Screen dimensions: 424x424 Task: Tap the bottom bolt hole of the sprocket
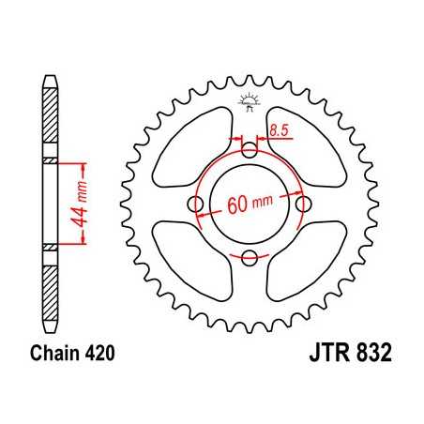[x=250, y=258]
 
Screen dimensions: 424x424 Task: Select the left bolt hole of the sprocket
[x=196, y=204]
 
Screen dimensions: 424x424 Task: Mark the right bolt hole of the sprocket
[x=303, y=204]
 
